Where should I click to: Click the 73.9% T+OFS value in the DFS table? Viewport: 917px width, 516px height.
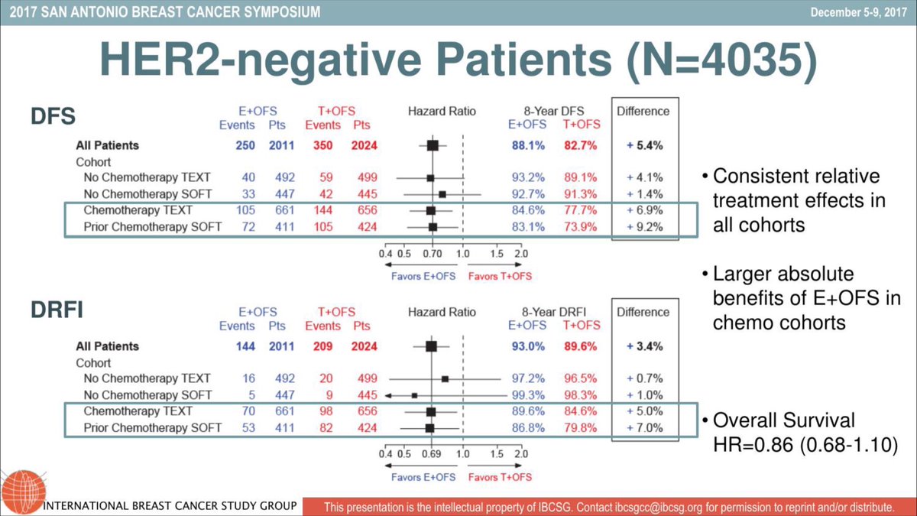coord(577,227)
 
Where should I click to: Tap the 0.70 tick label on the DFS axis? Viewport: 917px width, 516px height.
coord(432,253)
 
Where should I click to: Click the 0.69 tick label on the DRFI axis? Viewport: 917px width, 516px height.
coord(431,454)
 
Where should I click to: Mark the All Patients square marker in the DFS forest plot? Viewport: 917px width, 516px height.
coord(433,144)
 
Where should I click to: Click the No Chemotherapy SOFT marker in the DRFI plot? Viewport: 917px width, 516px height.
coord(414,395)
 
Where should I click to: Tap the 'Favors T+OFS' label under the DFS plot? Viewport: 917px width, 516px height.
coord(500,276)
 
